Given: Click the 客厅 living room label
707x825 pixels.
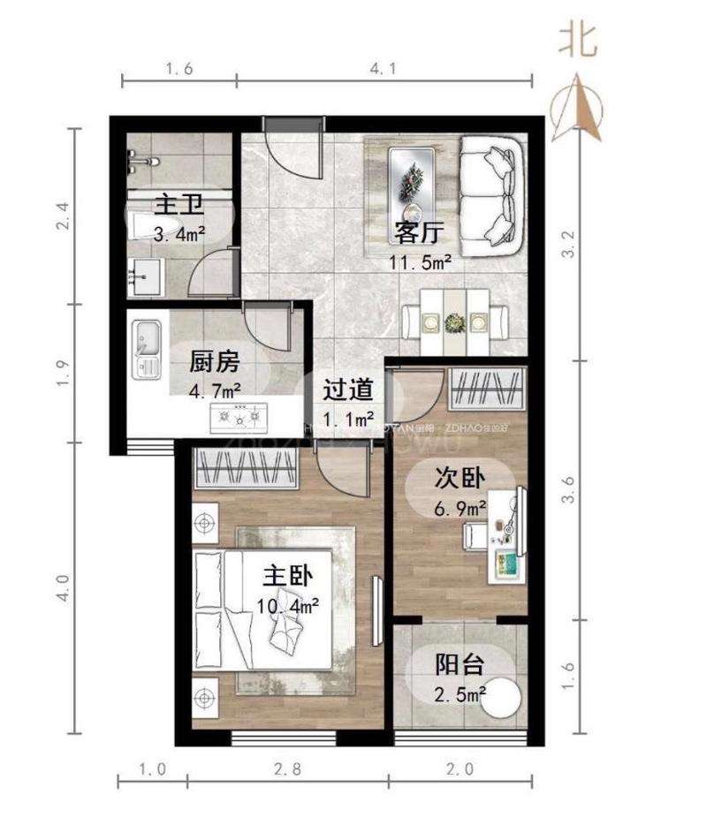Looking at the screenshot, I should (x=419, y=232).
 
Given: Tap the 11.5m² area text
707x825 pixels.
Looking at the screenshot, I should (x=421, y=261).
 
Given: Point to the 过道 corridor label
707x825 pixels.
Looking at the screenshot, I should (x=347, y=390).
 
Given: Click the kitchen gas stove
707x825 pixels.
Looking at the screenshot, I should (x=237, y=416).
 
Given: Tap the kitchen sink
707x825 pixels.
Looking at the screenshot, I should (x=145, y=341).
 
